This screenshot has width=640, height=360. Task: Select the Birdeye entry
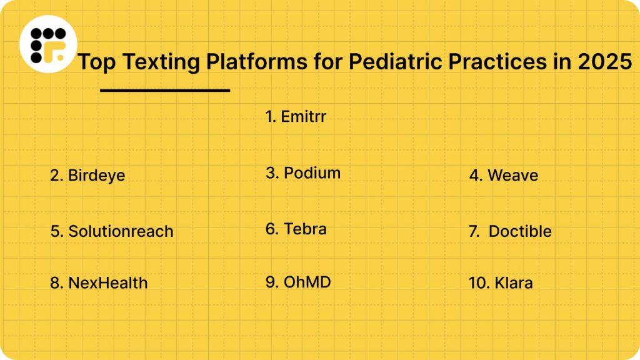pos(87,175)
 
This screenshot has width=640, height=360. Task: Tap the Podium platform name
pos(303,173)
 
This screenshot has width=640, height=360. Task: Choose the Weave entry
pos(504,175)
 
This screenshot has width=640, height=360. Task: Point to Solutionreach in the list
pos(112,231)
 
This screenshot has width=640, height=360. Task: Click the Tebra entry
pos(296,229)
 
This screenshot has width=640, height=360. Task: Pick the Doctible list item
pos(511,231)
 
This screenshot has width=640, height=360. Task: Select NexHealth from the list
pos(99,282)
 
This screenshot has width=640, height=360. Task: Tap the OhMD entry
pos(298,282)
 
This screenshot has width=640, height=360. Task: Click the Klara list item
pos(501,282)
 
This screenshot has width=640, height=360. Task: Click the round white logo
pos(48,44)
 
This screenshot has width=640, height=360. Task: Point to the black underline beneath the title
pos(165,91)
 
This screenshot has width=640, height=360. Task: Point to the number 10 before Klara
pos(479,282)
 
